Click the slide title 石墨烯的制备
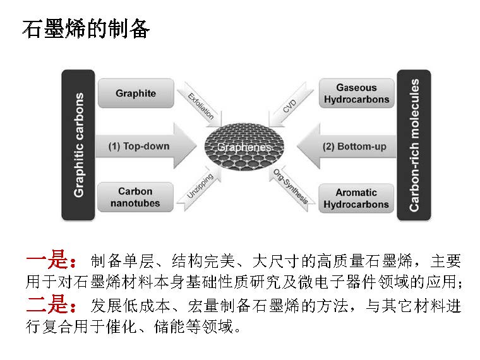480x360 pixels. click(86, 29)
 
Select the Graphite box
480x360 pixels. click(136, 93)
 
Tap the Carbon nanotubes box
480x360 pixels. click(135, 197)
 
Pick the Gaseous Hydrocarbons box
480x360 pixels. click(357, 93)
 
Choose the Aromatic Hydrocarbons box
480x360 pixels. click(356, 198)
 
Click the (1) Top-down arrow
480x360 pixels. click(146, 146)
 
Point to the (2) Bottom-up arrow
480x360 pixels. click(347, 147)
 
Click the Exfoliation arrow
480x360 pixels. click(202, 105)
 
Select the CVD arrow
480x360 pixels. click(291, 105)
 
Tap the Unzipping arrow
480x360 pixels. click(200, 188)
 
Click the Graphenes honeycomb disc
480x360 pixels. click(244, 147)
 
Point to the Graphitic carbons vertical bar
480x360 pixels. click(78, 145)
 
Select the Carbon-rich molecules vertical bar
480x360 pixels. click(414, 145)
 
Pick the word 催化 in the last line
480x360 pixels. click(121, 327)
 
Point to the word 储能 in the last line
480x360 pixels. click(169, 327)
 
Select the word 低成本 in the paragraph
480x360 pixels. click(147, 306)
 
